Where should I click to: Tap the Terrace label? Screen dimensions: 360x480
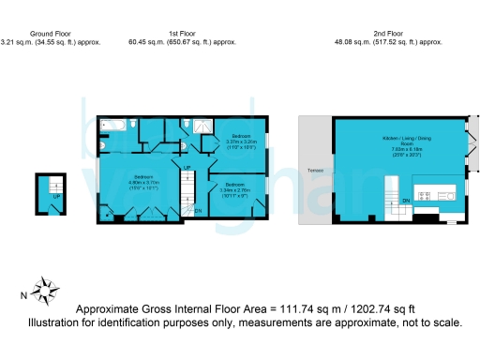[314, 171]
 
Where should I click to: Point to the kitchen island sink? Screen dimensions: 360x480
[448, 195]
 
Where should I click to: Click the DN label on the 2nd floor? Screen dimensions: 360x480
[406, 201]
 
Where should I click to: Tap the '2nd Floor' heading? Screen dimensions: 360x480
[388, 33]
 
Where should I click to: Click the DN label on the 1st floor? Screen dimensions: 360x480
[198, 211]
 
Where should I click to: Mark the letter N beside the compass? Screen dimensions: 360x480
[22, 296]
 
